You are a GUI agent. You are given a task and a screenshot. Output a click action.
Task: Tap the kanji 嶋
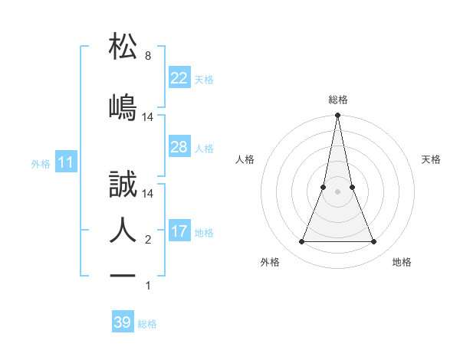click(123, 106)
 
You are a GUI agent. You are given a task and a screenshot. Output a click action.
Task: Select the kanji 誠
click(123, 185)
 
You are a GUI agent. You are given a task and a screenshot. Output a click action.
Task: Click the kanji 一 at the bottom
click(123, 275)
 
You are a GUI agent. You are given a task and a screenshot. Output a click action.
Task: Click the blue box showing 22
click(179, 78)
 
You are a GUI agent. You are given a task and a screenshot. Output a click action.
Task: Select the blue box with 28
click(179, 147)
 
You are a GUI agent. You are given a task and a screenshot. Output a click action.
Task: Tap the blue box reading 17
click(179, 231)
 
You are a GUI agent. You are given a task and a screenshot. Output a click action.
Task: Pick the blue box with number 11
click(66, 162)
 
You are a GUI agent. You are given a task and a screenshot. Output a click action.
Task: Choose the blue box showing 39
click(123, 322)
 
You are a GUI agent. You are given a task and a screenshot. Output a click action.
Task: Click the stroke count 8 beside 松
click(148, 56)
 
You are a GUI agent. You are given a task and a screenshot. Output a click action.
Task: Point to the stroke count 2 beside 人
click(148, 240)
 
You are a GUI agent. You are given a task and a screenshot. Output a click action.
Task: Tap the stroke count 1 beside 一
click(148, 286)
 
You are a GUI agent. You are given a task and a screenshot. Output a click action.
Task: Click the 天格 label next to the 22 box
click(204, 79)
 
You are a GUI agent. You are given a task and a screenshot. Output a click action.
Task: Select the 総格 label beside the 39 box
click(147, 324)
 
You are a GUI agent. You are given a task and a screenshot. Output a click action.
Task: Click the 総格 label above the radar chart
click(337, 100)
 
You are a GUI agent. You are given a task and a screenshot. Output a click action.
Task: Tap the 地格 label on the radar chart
click(402, 262)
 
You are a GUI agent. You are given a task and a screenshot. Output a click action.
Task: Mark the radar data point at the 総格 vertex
click(337, 116)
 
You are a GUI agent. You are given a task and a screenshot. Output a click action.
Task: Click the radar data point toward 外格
click(301, 242)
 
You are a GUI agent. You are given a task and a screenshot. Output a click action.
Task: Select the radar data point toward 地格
click(373, 242)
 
